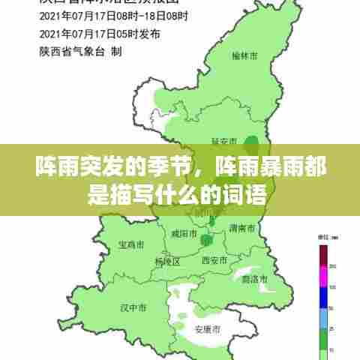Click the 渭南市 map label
(244, 227)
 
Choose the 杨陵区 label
(168, 262)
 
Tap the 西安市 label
(216, 260)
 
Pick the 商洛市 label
(256, 279)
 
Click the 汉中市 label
(133, 307)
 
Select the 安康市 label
(208, 329)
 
